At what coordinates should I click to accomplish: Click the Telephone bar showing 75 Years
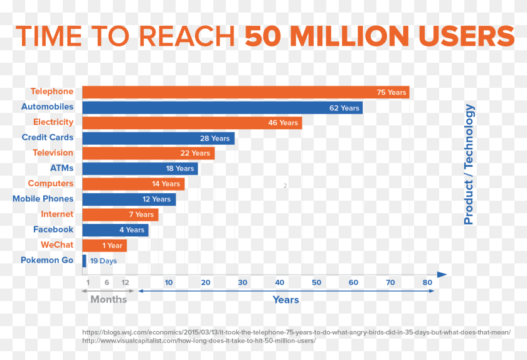pyautogui.click(x=245, y=92)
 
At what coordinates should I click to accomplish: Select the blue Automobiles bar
pyautogui.click(x=222, y=108)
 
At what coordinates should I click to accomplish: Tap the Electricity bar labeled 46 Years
pyautogui.click(x=192, y=123)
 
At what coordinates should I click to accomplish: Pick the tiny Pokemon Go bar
pyautogui.click(x=84, y=260)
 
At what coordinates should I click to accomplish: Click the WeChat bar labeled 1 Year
pyautogui.click(x=104, y=245)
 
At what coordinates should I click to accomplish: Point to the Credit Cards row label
pyautogui.click(x=48, y=137)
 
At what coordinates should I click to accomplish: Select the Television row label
pyautogui.click(x=53, y=152)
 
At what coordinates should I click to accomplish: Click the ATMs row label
pyautogui.click(x=61, y=168)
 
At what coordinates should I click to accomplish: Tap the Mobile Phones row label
pyautogui.click(x=43, y=199)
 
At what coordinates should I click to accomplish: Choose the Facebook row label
pyautogui.click(x=53, y=230)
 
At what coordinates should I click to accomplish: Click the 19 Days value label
pyautogui.click(x=104, y=261)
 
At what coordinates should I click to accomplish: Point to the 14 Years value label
pyautogui.click(x=166, y=184)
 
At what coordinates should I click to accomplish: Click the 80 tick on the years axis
pyautogui.click(x=427, y=282)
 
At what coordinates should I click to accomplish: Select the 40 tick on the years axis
pyautogui.click(x=280, y=282)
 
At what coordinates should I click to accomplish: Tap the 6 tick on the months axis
pyautogui.click(x=107, y=282)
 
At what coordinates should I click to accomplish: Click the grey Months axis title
pyautogui.click(x=109, y=299)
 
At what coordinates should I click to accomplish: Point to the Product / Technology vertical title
pyautogui.click(x=469, y=164)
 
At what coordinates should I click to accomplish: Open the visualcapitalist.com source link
pyautogui.click(x=199, y=341)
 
